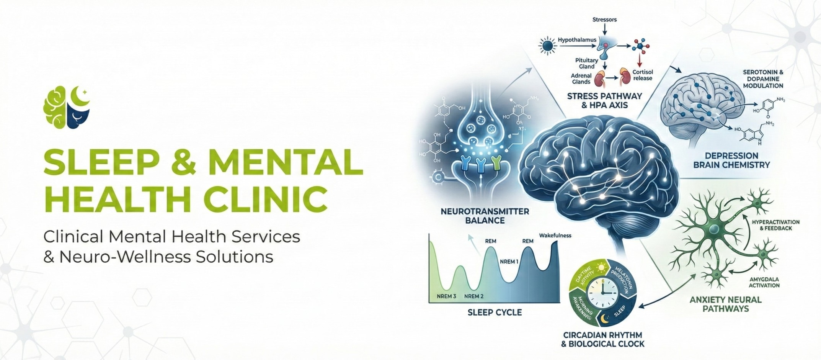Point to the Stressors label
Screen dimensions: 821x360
tap(604, 20)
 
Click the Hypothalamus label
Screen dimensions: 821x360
tap(577, 40)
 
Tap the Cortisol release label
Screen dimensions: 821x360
tap(643, 75)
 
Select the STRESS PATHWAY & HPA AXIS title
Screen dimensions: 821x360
tap(604, 101)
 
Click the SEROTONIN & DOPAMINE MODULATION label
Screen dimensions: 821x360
tap(763, 79)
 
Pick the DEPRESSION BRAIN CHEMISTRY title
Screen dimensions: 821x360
tap(731, 160)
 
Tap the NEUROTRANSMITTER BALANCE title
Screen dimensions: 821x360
tap(485, 216)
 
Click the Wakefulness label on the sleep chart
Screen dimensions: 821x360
tap(555, 236)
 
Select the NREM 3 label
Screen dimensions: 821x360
tap(446, 296)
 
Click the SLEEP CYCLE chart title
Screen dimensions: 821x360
tap(495, 313)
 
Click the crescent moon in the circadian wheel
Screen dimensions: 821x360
tap(604, 319)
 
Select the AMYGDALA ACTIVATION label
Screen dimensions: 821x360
tap(764, 282)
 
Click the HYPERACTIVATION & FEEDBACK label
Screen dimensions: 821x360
tap(775, 225)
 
